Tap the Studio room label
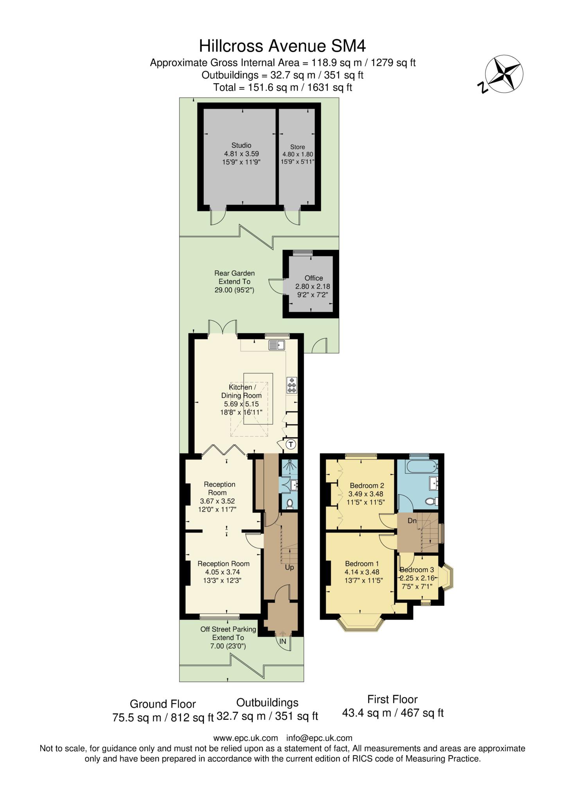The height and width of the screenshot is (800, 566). [241, 145]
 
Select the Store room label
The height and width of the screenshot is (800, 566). [298, 147]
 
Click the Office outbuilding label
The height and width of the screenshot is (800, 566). [314, 278]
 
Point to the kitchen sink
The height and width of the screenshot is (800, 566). [277, 345]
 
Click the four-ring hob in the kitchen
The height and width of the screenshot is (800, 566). [292, 385]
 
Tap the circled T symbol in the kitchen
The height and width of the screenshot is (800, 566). [291, 444]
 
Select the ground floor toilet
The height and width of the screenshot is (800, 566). [290, 504]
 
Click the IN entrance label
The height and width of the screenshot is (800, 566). [282, 641]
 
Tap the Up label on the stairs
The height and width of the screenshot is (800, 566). [289, 568]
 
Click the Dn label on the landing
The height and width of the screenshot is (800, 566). [412, 521]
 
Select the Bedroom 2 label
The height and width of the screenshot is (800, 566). [367, 486]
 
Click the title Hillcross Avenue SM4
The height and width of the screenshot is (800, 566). [282, 46]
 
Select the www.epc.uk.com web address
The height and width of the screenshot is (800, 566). [246, 738]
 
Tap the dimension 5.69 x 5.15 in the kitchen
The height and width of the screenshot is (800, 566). [241, 404]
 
